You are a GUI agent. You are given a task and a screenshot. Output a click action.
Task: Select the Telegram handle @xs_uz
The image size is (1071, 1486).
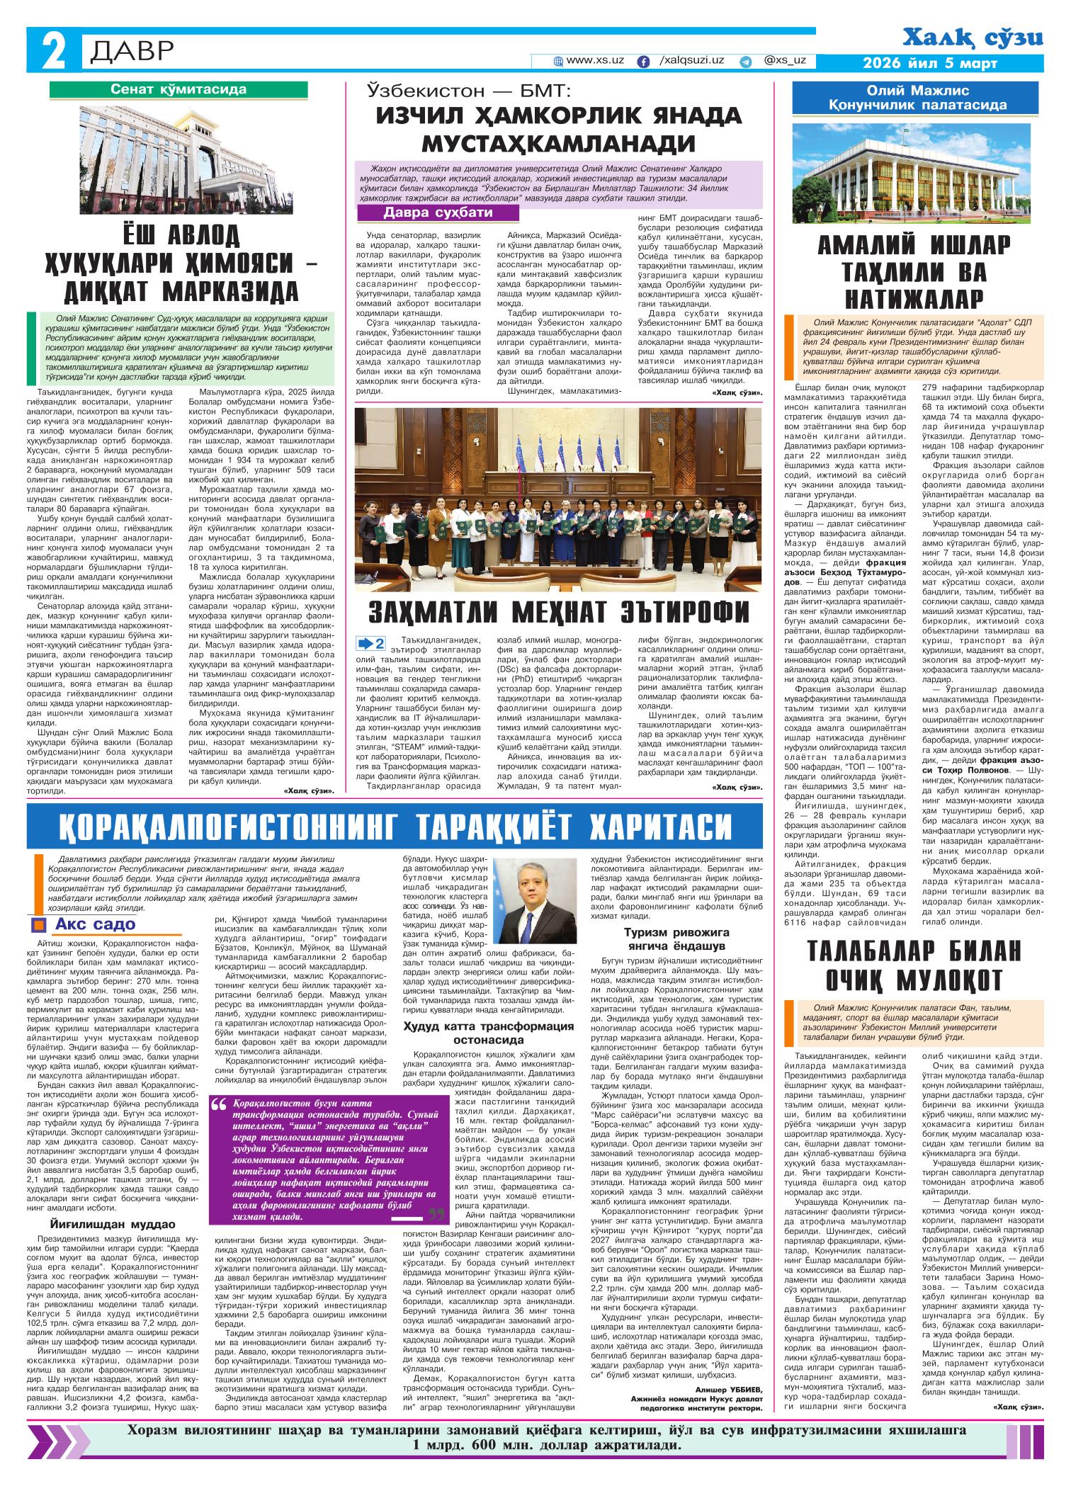[786, 61]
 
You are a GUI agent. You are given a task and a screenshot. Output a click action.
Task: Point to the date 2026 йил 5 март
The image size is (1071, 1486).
[930, 63]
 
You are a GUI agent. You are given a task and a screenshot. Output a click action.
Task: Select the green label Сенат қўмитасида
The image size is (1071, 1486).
[178, 89]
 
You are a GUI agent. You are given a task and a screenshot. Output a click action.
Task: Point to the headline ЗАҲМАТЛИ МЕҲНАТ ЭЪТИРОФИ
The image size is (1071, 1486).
[559, 611]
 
